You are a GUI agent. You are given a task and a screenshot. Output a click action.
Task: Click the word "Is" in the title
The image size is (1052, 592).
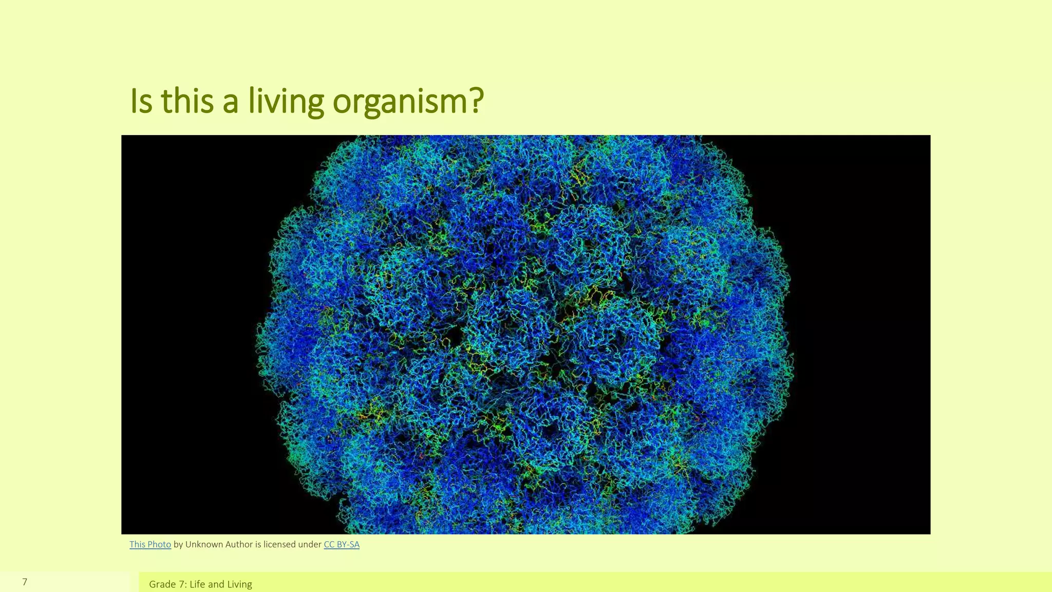[x=141, y=101]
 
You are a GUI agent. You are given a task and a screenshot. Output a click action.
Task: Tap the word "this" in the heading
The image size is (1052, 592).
[x=187, y=101]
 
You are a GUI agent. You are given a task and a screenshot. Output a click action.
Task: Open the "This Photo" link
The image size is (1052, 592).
[x=150, y=545]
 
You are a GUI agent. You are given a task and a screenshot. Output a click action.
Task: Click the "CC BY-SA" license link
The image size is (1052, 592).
[x=342, y=545]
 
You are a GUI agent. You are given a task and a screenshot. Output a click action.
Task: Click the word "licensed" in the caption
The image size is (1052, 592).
[x=279, y=545]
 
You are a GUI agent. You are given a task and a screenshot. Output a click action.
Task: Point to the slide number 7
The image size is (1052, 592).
[x=25, y=582]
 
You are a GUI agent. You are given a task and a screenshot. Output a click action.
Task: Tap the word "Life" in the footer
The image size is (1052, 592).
[x=197, y=584]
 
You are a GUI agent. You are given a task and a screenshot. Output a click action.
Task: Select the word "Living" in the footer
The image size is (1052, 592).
[x=239, y=584]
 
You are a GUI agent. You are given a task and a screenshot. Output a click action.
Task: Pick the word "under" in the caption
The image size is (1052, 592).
[x=310, y=545]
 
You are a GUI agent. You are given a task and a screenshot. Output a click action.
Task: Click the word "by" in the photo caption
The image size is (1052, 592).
[x=178, y=545]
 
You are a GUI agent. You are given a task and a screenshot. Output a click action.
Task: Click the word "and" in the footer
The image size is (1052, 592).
[x=216, y=584]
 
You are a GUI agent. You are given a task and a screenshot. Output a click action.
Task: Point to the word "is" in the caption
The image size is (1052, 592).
[x=258, y=545]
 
